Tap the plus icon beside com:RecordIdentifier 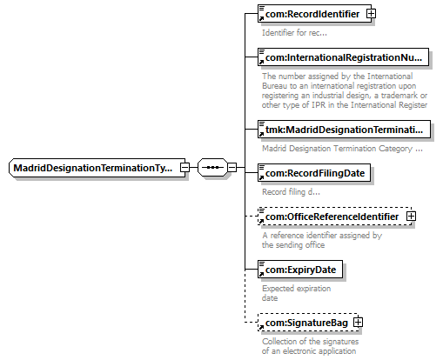tap(371, 14)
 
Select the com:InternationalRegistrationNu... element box tap(343, 57)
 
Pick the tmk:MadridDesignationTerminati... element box tap(344, 130)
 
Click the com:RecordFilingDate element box tap(314, 173)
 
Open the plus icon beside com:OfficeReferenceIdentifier tap(411, 217)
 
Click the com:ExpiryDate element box tap(300, 270)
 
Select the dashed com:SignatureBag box tap(308, 323)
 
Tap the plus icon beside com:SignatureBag tap(359, 323)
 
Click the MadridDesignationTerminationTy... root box tap(97, 168)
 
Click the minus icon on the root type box tap(185, 168)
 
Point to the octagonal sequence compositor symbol tap(212, 167)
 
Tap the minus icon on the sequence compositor tap(232, 167)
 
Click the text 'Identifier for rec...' tap(294, 33)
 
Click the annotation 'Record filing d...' tap(291, 192)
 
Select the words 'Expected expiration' tap(297, 289)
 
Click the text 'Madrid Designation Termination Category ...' tap(342, 149)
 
